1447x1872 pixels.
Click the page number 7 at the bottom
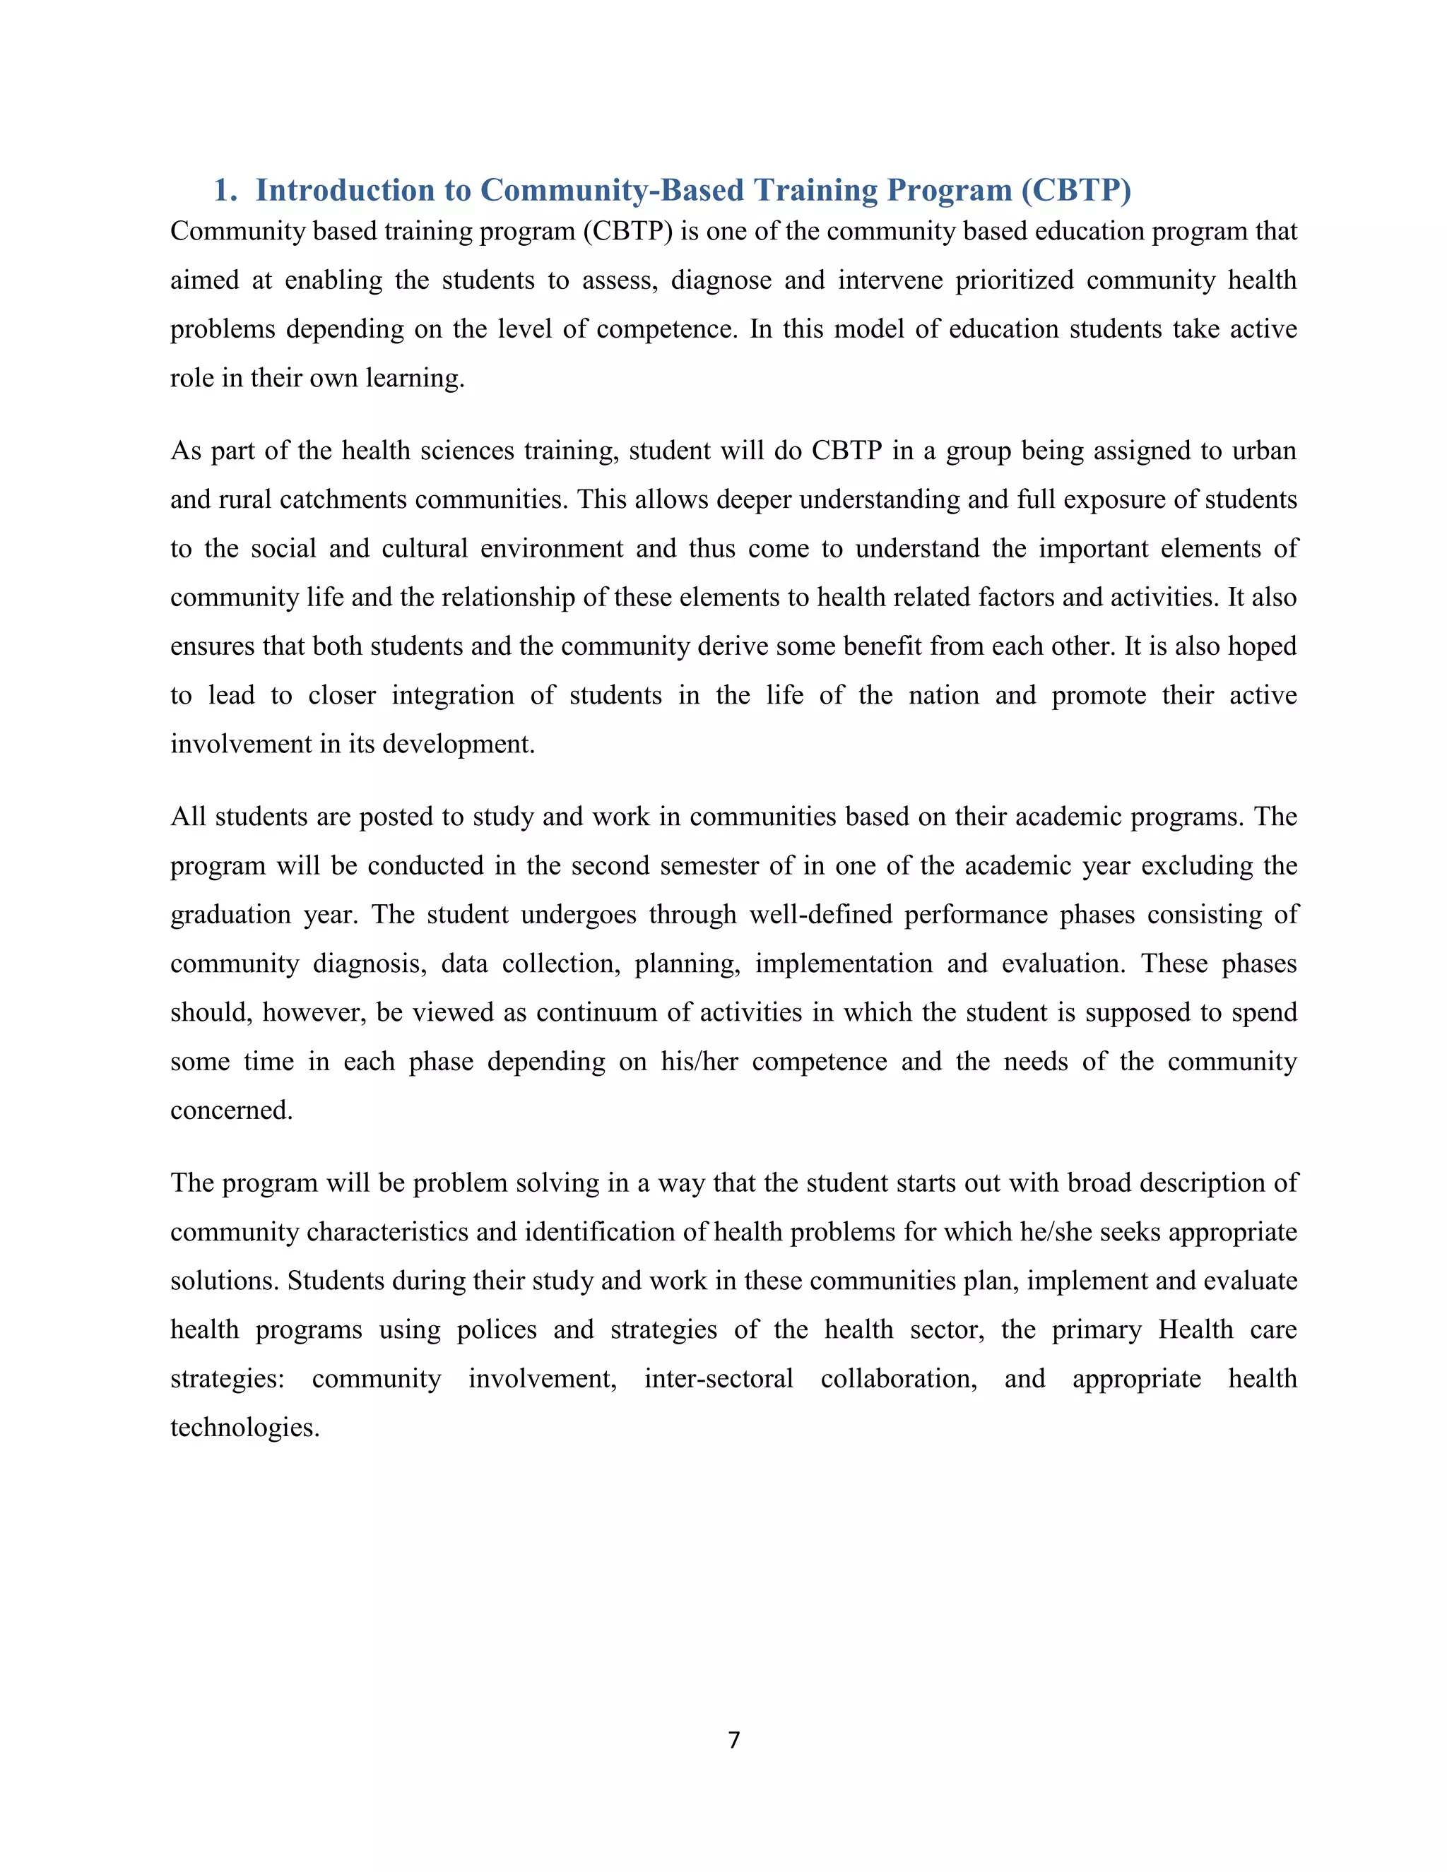click(x=734, y=1739)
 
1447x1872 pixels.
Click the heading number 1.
click(x=225, y=190)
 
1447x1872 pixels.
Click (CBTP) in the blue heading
click(x=1076, y=190)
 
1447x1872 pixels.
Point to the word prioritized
click(x=1015, y=281)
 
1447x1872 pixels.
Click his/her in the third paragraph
click(x=699, y=1061)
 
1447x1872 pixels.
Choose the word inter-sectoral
click(x=719, y=1378)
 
